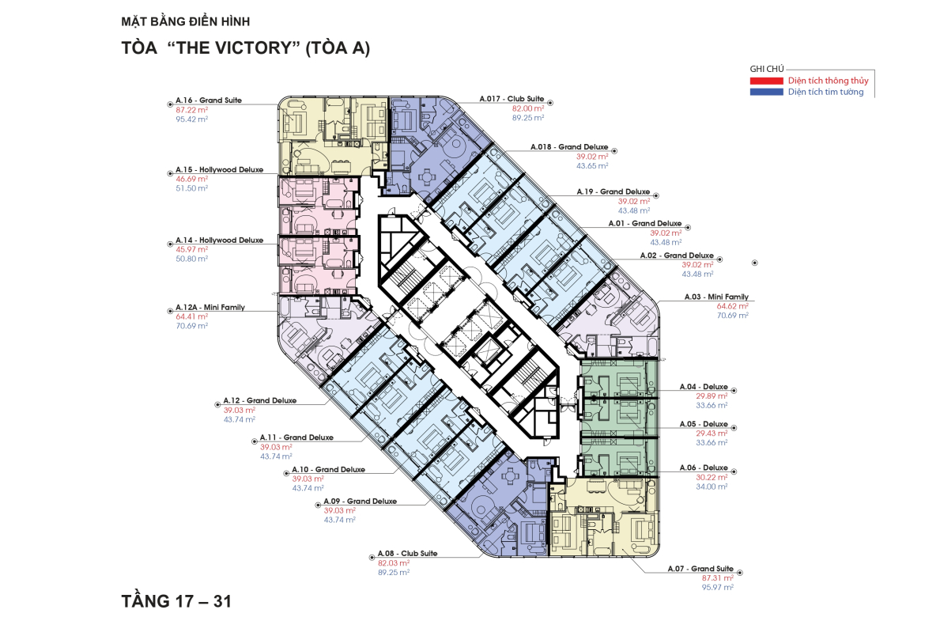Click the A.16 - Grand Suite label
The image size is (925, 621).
[x=209, y=100]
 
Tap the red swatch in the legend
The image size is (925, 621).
[x=766, y=81]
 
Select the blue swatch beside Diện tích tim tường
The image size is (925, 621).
[x=766, y=92]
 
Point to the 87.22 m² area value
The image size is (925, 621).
[x=192, y=110]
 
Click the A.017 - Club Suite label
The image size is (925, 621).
[x=512, y=99]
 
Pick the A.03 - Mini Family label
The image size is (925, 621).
[x=716, y=297]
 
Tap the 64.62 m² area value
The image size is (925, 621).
[x=732, y=306]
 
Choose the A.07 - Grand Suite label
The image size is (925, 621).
[x=700, y=569]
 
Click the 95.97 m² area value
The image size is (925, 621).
[x=717, y=587]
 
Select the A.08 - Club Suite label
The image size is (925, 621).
[x=408, y=554]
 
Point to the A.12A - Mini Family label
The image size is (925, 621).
[x=210, y=308]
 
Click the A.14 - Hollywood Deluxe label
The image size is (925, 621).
[x=220, y=240]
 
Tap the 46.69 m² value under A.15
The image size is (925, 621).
[x=192, y=179]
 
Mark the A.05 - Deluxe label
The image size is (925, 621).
[x=704, y=425]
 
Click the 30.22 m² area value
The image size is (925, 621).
[x=712, y=477]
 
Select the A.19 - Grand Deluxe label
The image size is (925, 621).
[x=614, y=192]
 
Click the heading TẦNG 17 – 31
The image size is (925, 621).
[x=176, y=601]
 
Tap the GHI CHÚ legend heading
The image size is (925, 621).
[x=767, y=69]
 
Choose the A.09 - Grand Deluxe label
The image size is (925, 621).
[x=360, y=502]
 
